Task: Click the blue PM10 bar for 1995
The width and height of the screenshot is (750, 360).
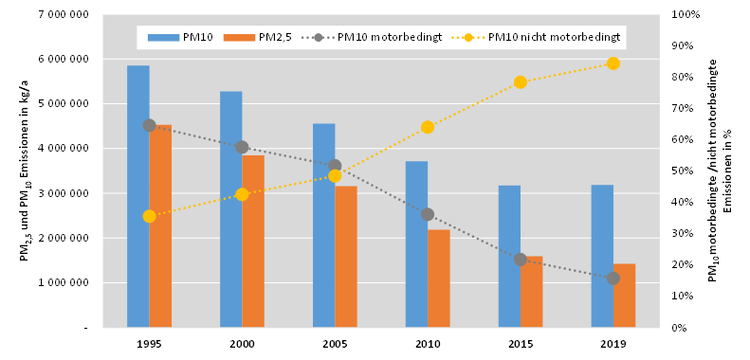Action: click(138, 196)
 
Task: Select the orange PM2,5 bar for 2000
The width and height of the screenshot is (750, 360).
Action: click(253, 241)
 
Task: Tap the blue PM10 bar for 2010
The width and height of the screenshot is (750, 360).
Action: click(416, 244)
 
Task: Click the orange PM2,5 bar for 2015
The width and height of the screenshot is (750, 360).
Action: click(531, 291)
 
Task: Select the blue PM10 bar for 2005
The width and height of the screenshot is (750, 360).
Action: click(323, 225)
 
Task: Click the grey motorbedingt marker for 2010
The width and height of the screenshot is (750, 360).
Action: click(427, 214)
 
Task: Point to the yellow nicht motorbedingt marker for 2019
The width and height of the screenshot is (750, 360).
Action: click(613, 63)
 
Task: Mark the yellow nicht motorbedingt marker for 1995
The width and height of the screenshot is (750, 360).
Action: click(149, 216)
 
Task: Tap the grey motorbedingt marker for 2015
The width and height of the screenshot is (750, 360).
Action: click(520, 259)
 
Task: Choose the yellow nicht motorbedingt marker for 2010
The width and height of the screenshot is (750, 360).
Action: click(427, 127)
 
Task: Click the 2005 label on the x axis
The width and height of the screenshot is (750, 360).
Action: click(334, 345)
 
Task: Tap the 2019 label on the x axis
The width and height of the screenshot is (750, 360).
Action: click(613, 345)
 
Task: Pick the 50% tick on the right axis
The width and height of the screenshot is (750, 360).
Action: click(682, 171)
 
